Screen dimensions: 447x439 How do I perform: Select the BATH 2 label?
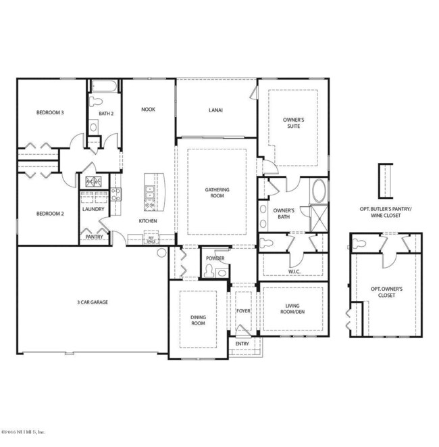click(x=105, y=114)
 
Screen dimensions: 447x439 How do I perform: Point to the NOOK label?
click(x=148, y=109)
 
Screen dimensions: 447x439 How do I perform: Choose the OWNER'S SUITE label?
click(x=293, y=123)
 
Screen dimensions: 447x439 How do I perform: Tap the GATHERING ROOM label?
click(x=217, y=193)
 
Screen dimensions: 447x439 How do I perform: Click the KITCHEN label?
click(x=148, y=221)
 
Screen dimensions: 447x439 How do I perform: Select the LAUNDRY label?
click(x=93, y=209)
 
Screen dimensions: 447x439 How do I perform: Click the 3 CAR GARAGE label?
click(x=93, y=302)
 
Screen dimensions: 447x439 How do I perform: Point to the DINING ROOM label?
click(x=198, y=320)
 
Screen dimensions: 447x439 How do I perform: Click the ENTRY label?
click(x=242, y=344)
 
